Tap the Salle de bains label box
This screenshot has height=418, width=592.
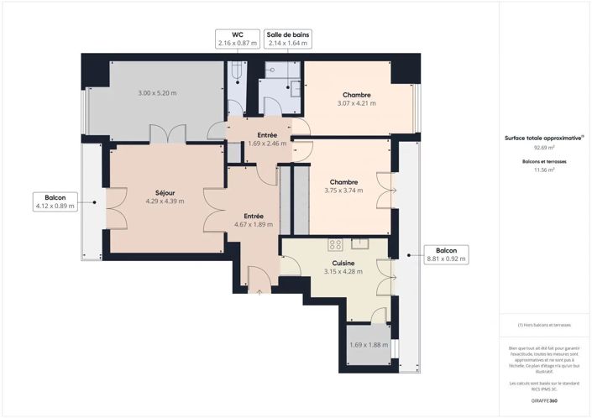(288, 38)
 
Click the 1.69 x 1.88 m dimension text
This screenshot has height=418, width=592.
(369, 344)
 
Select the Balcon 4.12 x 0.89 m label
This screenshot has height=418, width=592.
(55, 201)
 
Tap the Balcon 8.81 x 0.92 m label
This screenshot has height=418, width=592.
(446, 254)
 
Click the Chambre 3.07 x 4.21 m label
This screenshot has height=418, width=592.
(356, 99)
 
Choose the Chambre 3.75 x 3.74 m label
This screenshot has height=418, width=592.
(343, 185)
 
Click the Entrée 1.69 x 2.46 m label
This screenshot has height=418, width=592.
(266, 138)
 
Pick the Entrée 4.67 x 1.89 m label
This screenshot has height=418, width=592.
(253, 220)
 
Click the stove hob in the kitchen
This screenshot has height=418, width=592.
(335, 245)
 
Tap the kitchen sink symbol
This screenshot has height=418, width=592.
(363, 244)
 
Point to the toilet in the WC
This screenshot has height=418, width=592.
(236, 75)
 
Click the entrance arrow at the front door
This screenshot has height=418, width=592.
(259, 292)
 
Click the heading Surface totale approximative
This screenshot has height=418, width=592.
(542, 137)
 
